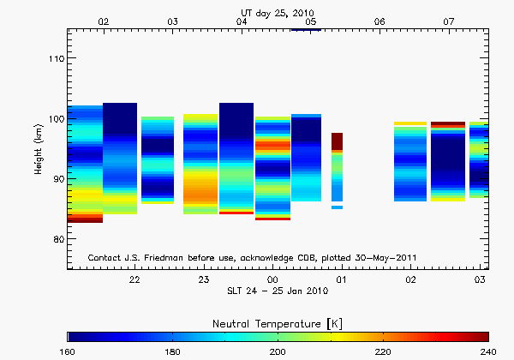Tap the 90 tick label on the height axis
(x=56, y=179)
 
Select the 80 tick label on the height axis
(x=56, y=239)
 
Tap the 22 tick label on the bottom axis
(x=134, y=280)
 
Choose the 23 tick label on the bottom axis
(x=204, y=280)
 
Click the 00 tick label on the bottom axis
(x=272, y=280)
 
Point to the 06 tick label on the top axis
(x=380, y=21)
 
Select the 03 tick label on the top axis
(x=173, y=21)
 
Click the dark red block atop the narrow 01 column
(x=338, y=141)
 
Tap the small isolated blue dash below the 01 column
(x=338, y=207)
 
